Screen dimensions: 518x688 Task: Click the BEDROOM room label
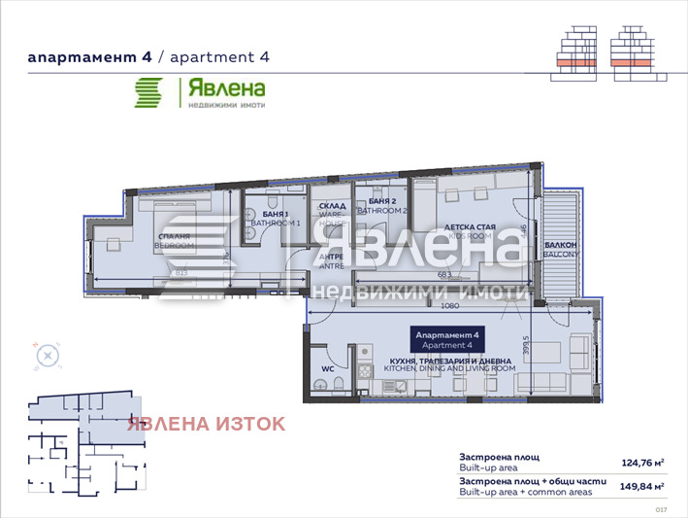(x=176, y=242)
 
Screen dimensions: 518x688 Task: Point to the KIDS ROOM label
(x=470, y=232)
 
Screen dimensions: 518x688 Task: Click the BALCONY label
(x=561, y=250)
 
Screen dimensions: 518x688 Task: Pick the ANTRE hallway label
(x=332, y=262)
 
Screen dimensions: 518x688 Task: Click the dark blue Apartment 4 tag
(x=442, y=339)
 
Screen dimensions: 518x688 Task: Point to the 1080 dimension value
(x=448, y=306)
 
